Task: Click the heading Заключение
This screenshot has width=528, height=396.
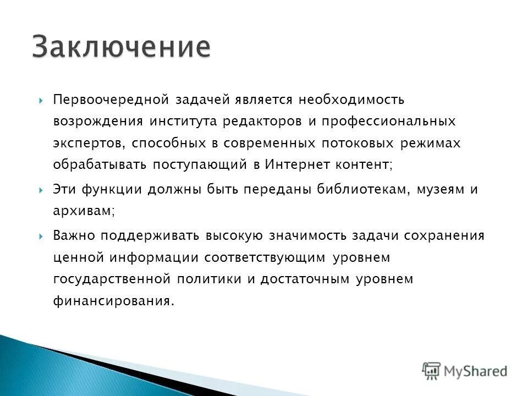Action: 120,47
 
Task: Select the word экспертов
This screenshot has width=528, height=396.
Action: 88,143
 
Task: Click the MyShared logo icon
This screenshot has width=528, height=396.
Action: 432,371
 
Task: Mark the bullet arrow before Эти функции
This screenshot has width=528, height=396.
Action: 42,190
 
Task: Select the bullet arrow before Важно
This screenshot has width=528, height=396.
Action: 42,236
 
